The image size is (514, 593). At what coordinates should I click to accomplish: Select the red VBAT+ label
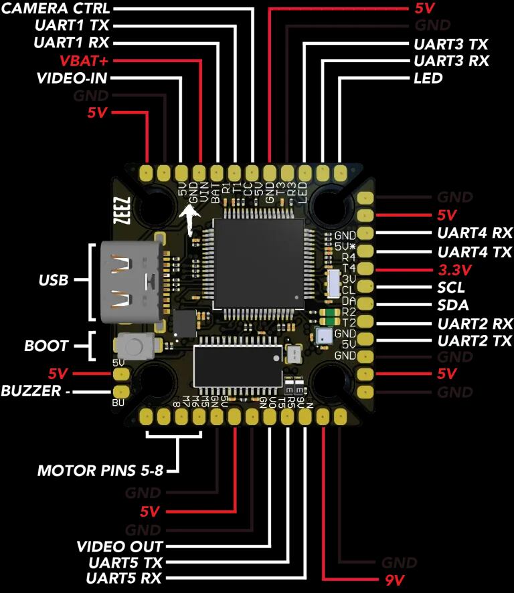pos(85,60)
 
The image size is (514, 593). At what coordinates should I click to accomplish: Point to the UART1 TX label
pos(72,26)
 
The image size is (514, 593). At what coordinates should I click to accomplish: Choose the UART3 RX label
pos(451,61)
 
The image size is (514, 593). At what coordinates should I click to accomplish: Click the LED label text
pos(428,78)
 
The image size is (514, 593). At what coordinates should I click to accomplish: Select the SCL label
pos(450,288)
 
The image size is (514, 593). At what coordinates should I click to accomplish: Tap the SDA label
pos(451,306)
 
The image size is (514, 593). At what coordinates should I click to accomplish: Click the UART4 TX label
pos(475,253)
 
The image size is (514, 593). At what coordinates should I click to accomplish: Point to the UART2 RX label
pos(475,324)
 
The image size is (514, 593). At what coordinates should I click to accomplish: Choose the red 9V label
pos(394,580)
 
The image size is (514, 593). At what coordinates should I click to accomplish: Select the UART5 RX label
pos(124,578)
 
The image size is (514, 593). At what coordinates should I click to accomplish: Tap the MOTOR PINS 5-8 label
pos(100,471)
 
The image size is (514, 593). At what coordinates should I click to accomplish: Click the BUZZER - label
pos(35,390)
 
